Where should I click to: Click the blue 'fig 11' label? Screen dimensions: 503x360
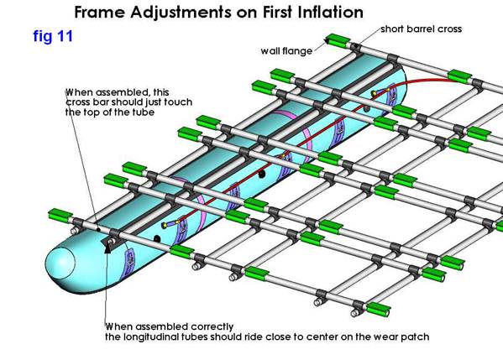point(53,37)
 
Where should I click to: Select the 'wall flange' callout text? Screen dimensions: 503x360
point(286,51)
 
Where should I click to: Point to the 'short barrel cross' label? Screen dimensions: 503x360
point(422,29)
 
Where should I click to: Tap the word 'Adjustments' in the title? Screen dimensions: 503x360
point(181,13)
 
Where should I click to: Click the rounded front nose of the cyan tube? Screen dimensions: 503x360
point(60,263)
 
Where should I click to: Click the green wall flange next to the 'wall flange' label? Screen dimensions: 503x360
point(338,40)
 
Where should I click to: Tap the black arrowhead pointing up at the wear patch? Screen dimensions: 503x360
point(109,248)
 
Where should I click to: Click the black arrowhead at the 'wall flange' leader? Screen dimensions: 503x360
point(327,41)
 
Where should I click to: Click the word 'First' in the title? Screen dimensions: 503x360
point(278,13)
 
